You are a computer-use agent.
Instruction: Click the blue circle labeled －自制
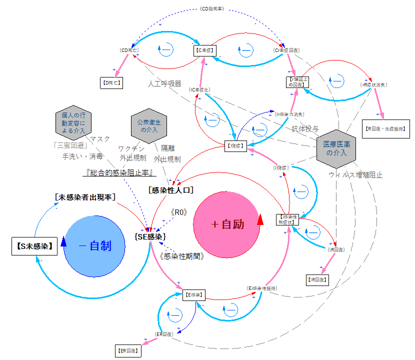(x=95, y=245)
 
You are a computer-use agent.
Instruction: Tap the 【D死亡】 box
(x=110, y=82)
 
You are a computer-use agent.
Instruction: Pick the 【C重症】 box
(x=204, y=50)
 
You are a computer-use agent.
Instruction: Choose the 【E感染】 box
(x=193, y=295)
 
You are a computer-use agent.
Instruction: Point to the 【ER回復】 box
(x=127, y=351)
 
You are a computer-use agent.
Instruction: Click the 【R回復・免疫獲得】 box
(x=386, y=128)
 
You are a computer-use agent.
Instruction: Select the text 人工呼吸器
(x=164, y=84)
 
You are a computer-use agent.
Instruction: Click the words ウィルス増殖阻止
(x=355, y=175)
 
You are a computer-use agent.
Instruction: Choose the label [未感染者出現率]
(x=85, y=197)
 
